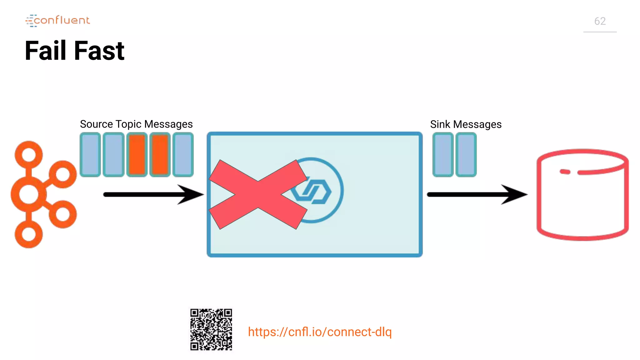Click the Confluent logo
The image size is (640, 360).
coord(58,21)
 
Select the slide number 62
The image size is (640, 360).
coord(600,21)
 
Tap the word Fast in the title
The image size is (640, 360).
coord(99,51)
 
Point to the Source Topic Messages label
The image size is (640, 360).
coord(136,124)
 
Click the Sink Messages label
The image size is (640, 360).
coord(466,124)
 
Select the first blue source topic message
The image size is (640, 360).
coord(90,155)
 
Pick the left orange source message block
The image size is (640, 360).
coord(137,155)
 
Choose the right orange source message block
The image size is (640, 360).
coord(160,155)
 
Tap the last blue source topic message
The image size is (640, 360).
coord(183,155)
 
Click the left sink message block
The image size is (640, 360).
coord(443,155)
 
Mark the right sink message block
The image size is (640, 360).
coord(466,155)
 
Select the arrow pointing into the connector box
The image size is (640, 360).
coord(153,194)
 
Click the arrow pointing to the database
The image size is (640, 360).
coord(477,194)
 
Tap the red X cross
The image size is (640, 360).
coord(258,194)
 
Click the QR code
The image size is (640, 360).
coord(211,330)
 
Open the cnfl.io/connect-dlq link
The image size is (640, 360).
coord(320,332)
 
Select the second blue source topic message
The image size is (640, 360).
coord(113,155)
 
